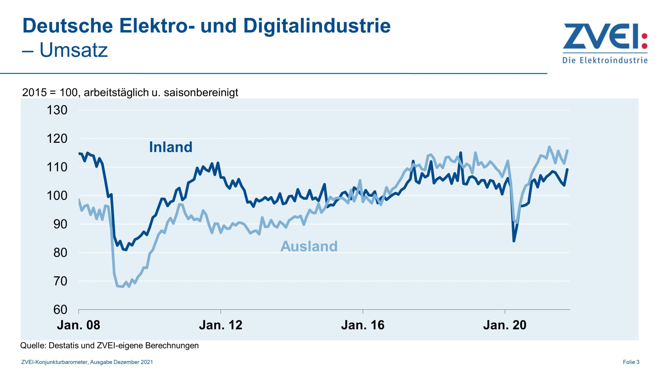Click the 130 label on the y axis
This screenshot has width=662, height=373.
coord(57,110)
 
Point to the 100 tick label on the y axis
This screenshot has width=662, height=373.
coord(57,196)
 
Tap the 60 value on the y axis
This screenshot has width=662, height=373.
coord(60,310)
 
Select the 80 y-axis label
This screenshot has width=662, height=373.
coord(60,253)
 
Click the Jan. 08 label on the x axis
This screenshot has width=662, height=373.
coord(78,325)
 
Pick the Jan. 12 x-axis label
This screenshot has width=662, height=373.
coord(221,325)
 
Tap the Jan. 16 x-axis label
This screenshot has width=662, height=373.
coord(363,325)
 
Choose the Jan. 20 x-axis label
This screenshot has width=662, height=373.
coord(505,325)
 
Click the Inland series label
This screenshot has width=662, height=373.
coord(171,147)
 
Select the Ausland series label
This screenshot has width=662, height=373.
coord(309,246)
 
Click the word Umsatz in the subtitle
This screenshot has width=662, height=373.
coord(73,50)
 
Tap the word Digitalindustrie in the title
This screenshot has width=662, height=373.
coord(317,26)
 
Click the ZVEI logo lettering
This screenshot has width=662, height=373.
coord(600,36)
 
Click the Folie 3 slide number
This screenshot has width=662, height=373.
coord(631,362)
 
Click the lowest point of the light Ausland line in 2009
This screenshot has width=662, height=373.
coord(129,287)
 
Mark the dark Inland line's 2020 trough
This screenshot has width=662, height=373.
coord(514,241)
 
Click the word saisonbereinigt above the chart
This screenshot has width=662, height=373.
coord(201,92)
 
